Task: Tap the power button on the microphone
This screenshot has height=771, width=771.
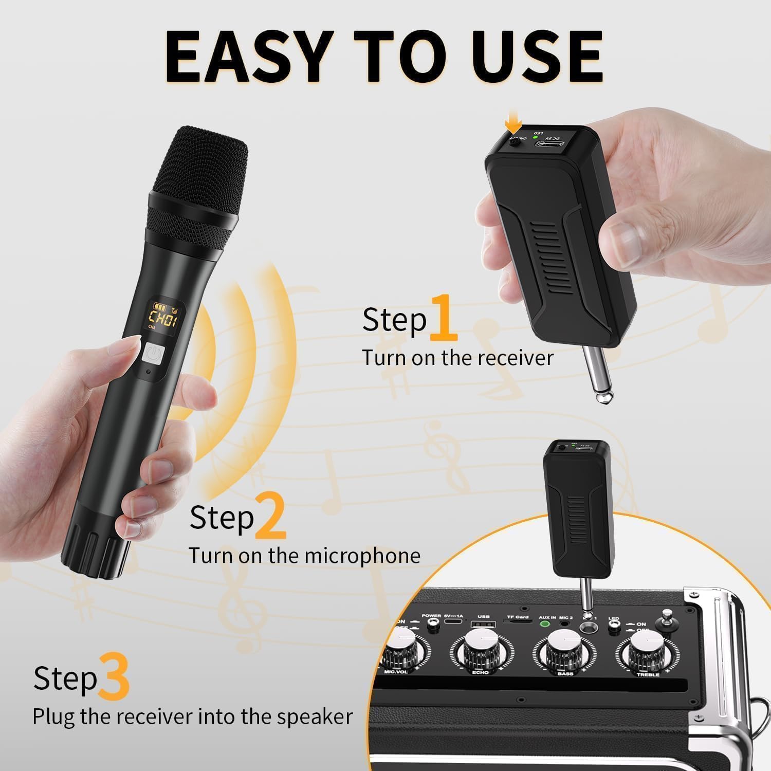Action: pos(153,354)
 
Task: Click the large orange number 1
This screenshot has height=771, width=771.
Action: pos(443,319)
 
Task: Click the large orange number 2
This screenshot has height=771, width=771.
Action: pos(270,516)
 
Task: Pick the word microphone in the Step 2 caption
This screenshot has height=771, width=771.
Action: pos(362,556)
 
